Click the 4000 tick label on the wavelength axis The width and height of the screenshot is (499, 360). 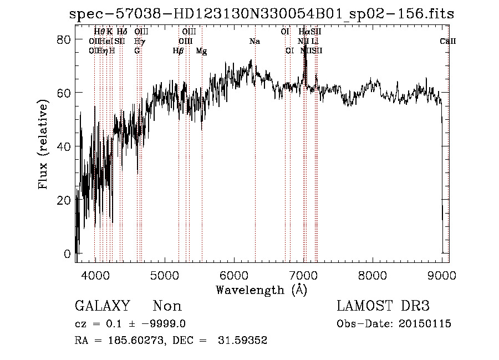(x=95, y=275)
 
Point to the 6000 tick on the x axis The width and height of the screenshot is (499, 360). (x=234, y=275)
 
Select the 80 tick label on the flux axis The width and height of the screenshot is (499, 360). (x=64, y=39)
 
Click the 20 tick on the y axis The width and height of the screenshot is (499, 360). (x=64, y=200)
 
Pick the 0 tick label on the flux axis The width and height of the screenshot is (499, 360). (x=68, y=254)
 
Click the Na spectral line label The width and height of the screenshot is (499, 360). (x=254, y=42)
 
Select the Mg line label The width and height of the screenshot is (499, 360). (x=202, y=51)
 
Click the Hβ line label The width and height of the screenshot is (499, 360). (x=178, y=51)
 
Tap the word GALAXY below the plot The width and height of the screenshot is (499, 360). (x=102, y=306)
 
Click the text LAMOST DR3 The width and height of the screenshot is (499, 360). (x=383, y=306)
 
